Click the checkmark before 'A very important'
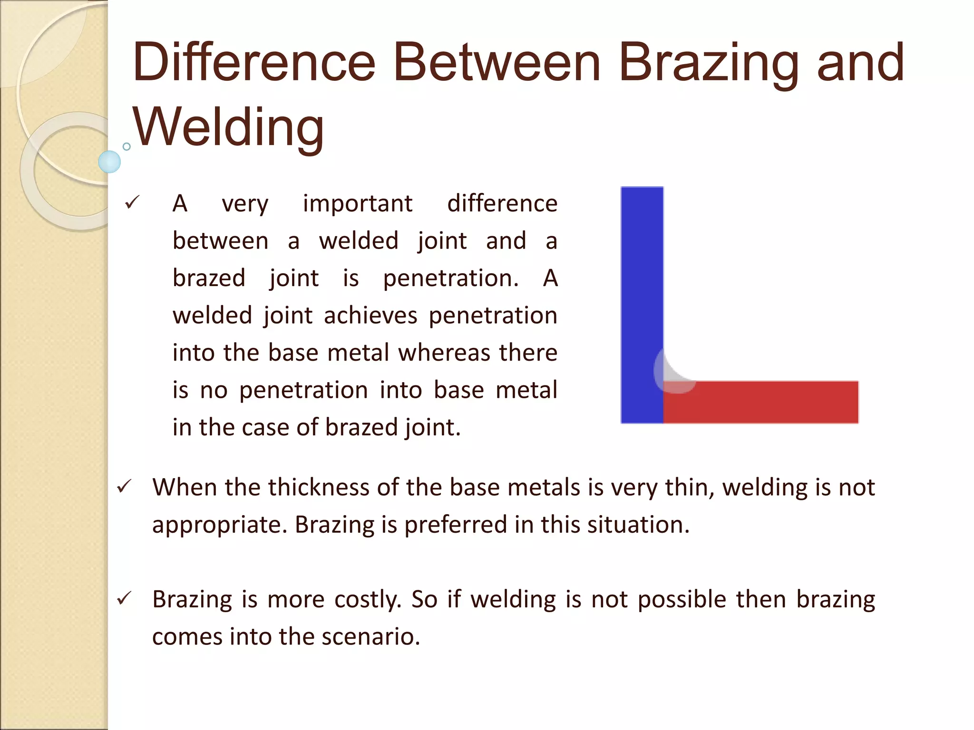coord(131,203)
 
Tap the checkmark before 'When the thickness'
coord(124,486)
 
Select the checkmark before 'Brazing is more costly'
coord(124,598)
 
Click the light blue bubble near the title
coord(109,162)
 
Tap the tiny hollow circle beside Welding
coord(127,146)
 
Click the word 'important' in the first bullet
coord(358,204)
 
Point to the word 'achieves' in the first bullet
coord(370,316)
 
